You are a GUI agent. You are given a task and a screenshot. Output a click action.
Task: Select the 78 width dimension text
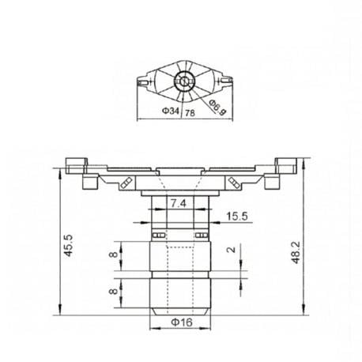[x=190, y=114]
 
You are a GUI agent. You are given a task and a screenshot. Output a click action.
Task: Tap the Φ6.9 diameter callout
[x=218, y=106]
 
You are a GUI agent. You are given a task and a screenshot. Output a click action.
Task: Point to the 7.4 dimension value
[x=179, y=204]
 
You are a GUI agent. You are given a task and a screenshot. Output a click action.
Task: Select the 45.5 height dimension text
[x=69, y=245]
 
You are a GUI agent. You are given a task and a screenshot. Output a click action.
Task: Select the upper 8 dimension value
[x=113, y=255]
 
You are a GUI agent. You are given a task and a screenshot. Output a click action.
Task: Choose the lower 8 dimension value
[x=113, y=291]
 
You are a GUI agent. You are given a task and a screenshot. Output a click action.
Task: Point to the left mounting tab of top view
[x=144, y=81]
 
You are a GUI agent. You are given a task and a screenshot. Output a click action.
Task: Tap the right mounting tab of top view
[x=226, y=79]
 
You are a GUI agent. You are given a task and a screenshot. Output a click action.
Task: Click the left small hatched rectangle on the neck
[x=158, y=236]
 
